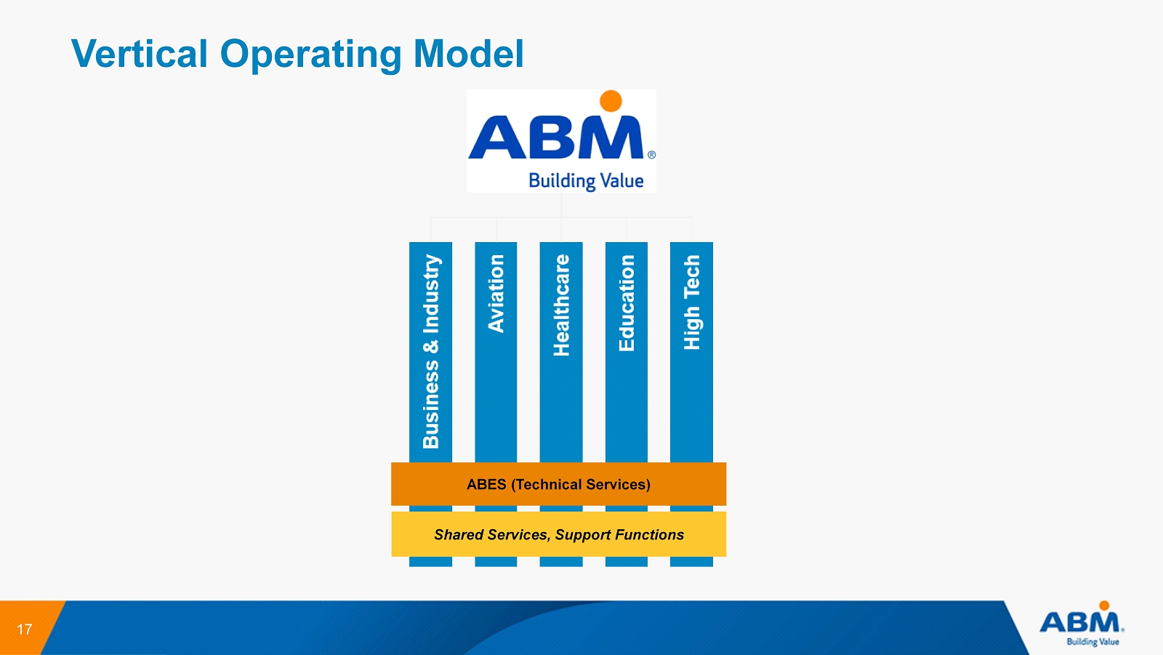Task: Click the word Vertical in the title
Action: click(x=140, y=54)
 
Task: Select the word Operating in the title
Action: click(x=310, y=55)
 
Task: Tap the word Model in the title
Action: click(x=468, y=54)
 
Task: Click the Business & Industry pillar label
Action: click(x=431, y=351)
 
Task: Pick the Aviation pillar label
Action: click(x=496, y=294)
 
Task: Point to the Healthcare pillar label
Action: click(x=561, y=305)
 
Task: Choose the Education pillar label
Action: click(x=627, y=303)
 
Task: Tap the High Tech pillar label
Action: click(x=691, y=302)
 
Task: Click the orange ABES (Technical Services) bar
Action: click(x=558, y=484)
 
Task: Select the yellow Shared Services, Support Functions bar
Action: click(x=558, y=535)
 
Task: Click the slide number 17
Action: click(x=25, y=630)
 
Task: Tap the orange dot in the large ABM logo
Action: click(x=611, y=101)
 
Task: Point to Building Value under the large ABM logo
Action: click(x=586, y=180)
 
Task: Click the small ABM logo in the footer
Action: click(x=1082, y=624)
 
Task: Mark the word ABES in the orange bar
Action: click(x=486, y=485)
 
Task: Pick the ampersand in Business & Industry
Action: click(x=431, y=345)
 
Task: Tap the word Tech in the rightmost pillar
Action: click(x=691, y=276)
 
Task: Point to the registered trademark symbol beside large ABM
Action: click(x=651, y=155)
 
